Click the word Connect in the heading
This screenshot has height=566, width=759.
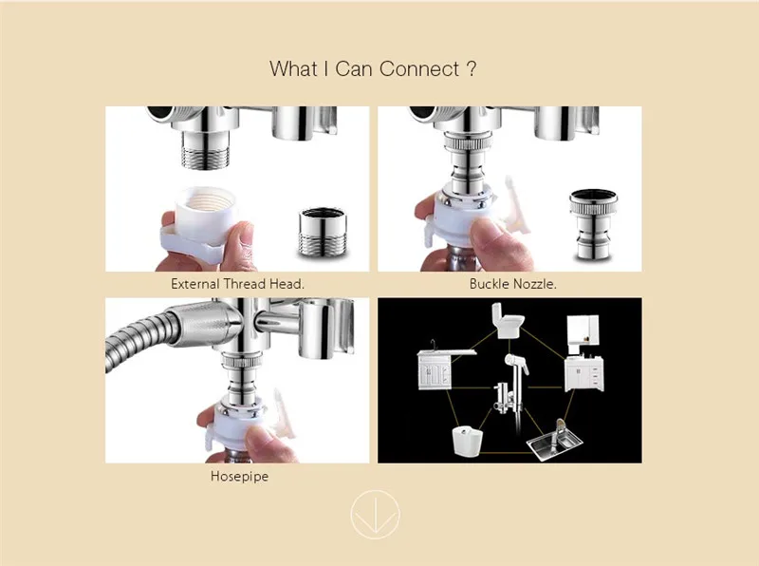point(419,68)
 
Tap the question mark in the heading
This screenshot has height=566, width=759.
point(472,68)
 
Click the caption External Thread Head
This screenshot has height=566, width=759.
point(238,284)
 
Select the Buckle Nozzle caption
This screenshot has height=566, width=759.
point(513,284)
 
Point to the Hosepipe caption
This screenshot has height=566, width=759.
point(240,477)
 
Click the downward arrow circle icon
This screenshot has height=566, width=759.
point(375,515)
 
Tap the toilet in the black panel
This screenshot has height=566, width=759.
point(509,320)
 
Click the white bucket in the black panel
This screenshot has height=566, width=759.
point(467,441)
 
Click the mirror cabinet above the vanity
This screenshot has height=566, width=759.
point(583,334)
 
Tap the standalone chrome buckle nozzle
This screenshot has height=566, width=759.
point(594,225)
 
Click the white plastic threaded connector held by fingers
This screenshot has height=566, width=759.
point(200,222)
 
